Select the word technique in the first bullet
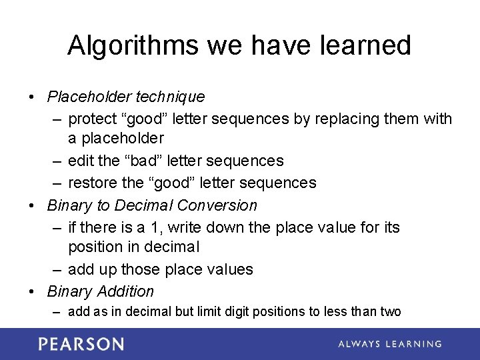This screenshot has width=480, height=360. pyautogui.click(x=171, y=97)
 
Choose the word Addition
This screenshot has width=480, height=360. pyautogui.click(x=125, y=291)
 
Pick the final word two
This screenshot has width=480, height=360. pyautogui.click(x=390, y=311)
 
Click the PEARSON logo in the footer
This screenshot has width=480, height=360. pyautogui.click(x=81, y=344)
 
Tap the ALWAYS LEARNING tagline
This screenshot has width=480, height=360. pyautogui.click(x=389, y=344)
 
